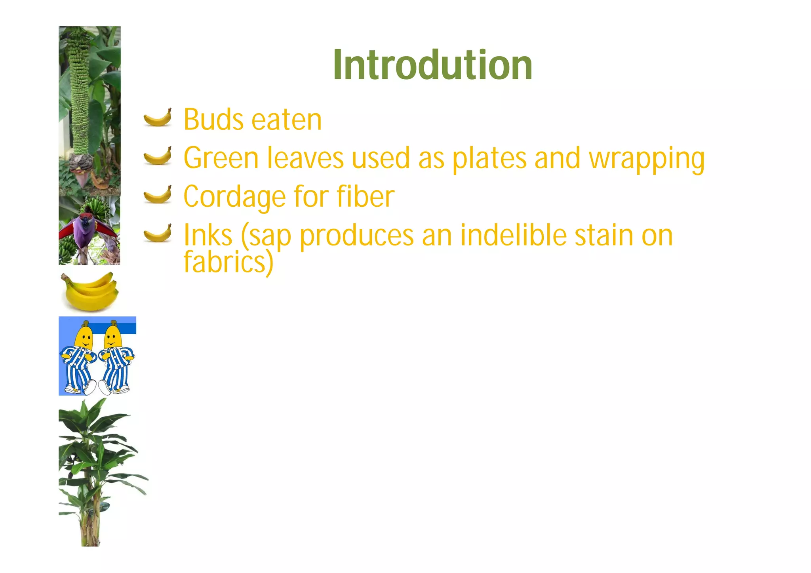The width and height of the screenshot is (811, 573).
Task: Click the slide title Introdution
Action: [x=433, y=65]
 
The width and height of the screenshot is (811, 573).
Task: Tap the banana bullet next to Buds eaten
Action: [x=158, y=118]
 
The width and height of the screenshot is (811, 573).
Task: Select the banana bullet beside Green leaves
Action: [x=158, y=156]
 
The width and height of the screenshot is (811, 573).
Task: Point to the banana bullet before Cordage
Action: [x=158, y=194]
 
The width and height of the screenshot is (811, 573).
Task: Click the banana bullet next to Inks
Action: [x=158, y=232]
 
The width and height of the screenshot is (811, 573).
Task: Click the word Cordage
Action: [x=235, y=198]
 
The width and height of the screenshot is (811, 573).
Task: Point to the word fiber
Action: [x=366, y=196]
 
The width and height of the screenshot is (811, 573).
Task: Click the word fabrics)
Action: [x=228, y=262]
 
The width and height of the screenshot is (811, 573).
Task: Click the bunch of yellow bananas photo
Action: [x=90, y=291]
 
